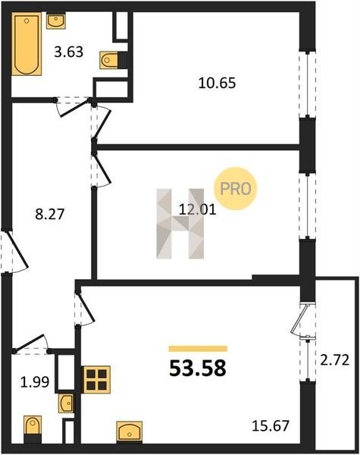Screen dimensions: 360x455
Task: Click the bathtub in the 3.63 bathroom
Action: pyautogui.click(x=26, y=45)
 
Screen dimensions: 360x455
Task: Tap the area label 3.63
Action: pyautogui.click(x=69, y=52)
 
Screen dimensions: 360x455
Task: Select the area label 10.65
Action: pyautogui.click(x=217, y=83)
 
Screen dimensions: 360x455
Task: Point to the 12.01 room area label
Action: pyautogui.click(x=198, y=209)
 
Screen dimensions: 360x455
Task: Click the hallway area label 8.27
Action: pyautogui.click(x=49, y=215)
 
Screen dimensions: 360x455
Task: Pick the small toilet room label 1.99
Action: pyautogui.click(x=35, y=382)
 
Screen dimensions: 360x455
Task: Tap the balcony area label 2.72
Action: pyautogui.click(x=334, y=360)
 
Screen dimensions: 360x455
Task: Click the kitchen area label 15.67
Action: pyautogui.click(x=271, y=426)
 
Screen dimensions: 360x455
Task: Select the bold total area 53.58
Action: pyautogui.click(x=198, y=368)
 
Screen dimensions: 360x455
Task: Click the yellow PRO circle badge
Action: pyautogui.click(x=235, y=189)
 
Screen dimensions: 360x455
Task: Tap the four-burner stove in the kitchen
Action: pyautogui.click(x=96, y=380)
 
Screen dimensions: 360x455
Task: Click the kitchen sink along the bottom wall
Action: pyautogui.click(x=130, y=431)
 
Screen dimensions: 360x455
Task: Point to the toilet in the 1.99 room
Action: pyautogui.click(x=33, y=429)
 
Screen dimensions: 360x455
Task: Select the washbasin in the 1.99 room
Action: pyautogui.click(x=66, y=403)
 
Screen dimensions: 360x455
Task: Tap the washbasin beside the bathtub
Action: pyautogui.click(x=55, y=21)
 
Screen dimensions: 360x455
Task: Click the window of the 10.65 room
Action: pyautogui.click(x=307, y=84)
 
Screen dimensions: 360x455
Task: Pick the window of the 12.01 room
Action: pyautogui.click(x=307, y=206)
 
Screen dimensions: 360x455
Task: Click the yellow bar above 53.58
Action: pyautogui.click(x=198, y=349)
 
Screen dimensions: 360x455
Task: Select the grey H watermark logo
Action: pyautogui.click(x=180, y=224)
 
